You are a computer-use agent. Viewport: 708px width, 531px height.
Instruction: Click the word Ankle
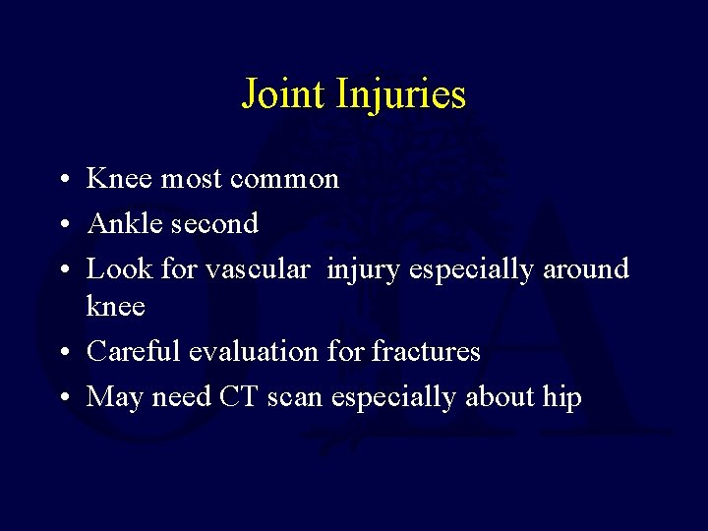tap(124, 223)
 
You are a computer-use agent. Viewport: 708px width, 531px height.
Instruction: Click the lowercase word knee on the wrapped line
tap(116, 306)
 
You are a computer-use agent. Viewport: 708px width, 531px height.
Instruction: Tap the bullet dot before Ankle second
tap(62, 225)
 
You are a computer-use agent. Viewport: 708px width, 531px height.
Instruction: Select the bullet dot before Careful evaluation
tap(62, 353)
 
